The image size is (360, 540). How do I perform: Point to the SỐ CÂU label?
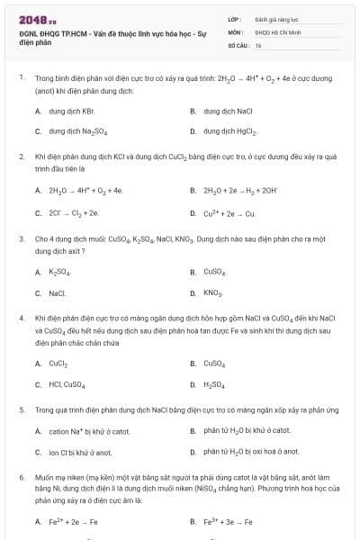[238, 44]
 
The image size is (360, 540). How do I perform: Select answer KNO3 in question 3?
[212, 292]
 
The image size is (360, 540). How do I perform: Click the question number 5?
[21, 409]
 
